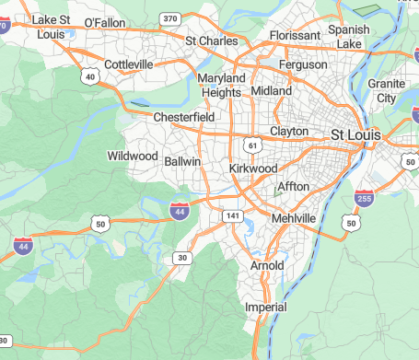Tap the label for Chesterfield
[x=184, y=118]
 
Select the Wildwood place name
[x=133, y=156]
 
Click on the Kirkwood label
[x=253, y=169]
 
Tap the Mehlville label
[x=294, y=218]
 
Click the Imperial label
[x=266, y=307]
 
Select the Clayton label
[x=289, y=132]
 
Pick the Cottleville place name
[x=129, y=64]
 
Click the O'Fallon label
[x=105, y=22]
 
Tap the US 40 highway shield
[x=88, y=76]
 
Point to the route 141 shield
[x=232, y=215]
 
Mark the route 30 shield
[x=182, y=258]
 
